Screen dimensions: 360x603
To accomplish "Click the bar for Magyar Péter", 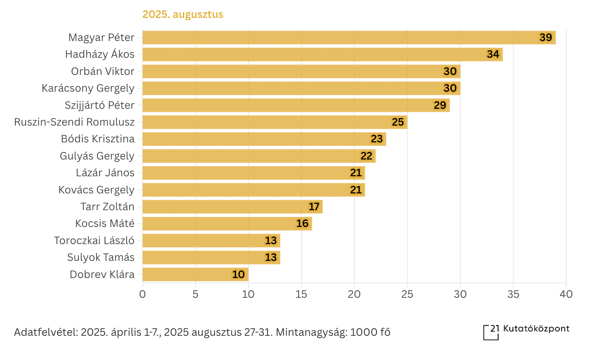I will [349, 38].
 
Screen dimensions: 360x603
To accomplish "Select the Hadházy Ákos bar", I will [322, 54].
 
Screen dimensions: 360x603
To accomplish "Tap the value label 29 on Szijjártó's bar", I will [440, 105].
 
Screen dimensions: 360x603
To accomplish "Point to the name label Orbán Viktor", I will [103, 72].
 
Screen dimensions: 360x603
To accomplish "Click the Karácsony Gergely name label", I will [88, 88].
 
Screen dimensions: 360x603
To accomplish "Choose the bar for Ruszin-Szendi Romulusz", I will [275, 122].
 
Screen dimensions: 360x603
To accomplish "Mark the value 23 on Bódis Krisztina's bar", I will [377, 139].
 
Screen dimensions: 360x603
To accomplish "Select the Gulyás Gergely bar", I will [259, 156].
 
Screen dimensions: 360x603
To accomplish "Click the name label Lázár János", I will [105, 173].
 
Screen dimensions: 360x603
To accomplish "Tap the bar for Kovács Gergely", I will [253, 190].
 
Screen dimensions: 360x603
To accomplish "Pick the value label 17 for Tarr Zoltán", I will [314, 207].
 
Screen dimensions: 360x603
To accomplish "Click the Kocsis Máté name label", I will [105, 224].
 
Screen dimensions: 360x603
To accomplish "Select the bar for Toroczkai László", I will [211, 241].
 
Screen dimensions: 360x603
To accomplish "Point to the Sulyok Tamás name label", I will [101, 258].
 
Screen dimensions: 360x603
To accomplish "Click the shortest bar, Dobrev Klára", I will [195, 275].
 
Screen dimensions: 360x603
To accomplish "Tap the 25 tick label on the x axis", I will [407, 294].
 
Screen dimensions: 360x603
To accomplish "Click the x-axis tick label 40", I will [566, 294].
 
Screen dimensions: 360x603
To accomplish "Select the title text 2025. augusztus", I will [183, 15].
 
